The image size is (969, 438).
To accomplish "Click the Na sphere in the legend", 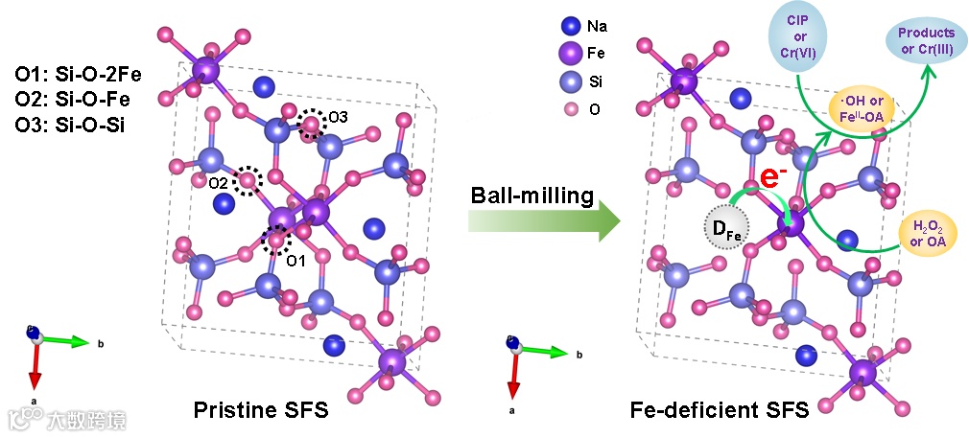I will (573, 27).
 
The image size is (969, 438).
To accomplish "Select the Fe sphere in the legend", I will (573, 54).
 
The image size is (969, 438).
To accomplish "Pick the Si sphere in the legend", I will (573, 82).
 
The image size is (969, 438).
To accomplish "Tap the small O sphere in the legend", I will (573, 109).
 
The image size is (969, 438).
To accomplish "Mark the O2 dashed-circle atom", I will (248, 179).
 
